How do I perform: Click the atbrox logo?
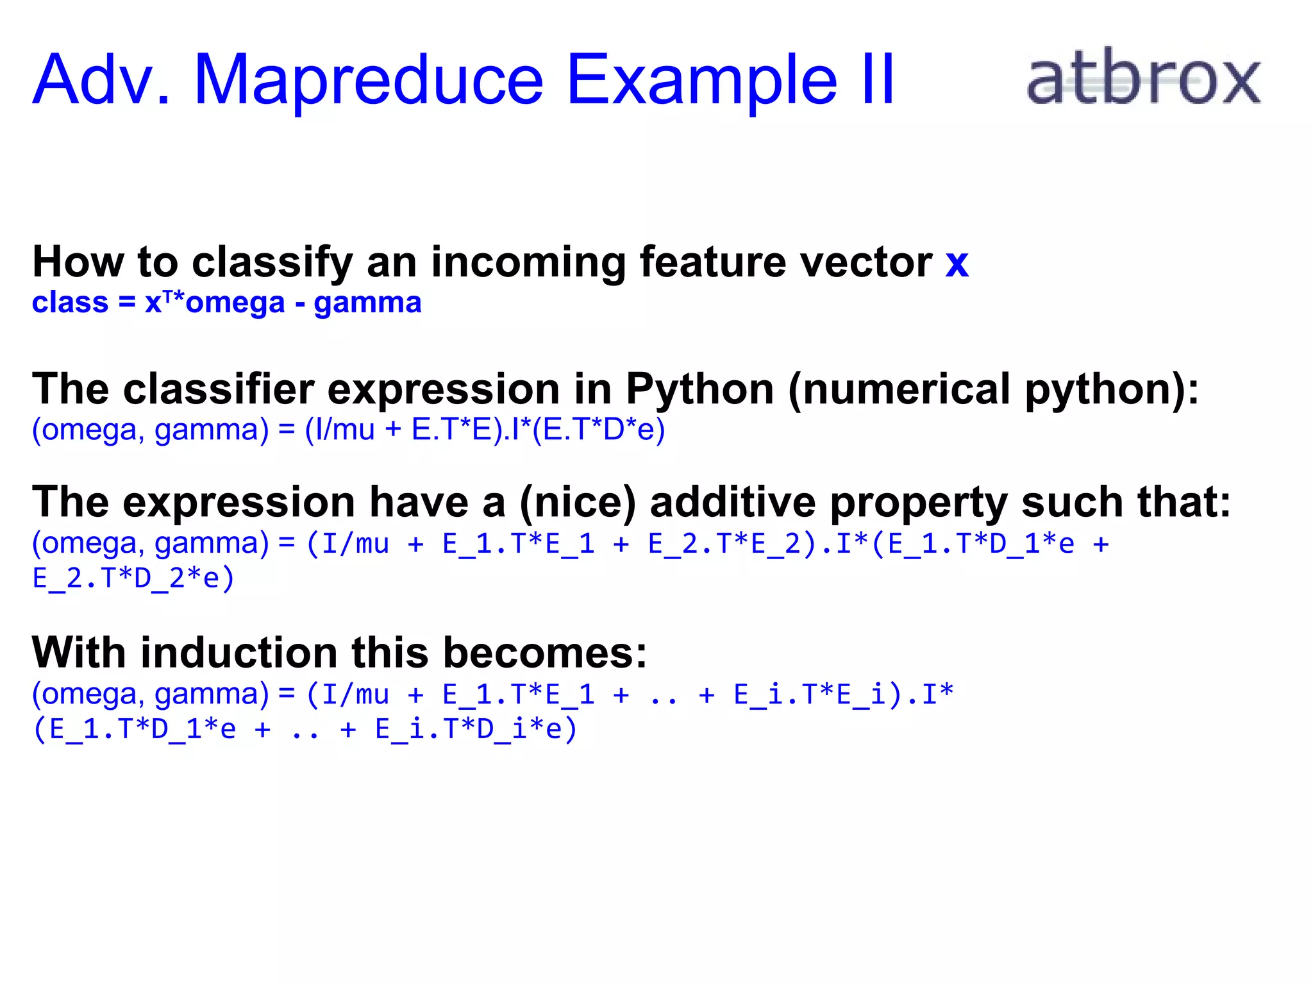[x=1143, y=79]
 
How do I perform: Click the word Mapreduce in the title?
[x=369, y=80]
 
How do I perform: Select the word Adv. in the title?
[x=101, y=80]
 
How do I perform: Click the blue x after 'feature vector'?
[x=956, y=263]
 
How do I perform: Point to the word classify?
[x=272, y=263]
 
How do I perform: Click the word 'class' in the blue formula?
[x=70, y=303]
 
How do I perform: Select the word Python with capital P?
[x=700, y=389]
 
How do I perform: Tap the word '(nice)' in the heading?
[x=578, y=502]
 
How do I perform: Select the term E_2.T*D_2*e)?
[x=133, y=578]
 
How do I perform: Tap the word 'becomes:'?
[x=545, y=653]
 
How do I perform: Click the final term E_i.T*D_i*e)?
[x=476, y=729]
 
